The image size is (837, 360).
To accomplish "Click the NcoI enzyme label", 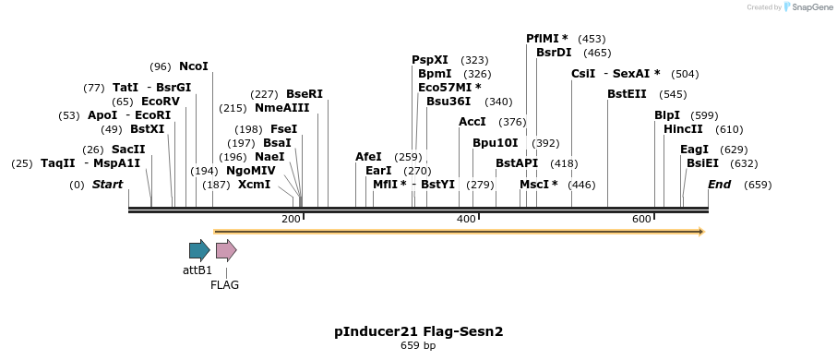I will pyautogui.click(x=194, y=66).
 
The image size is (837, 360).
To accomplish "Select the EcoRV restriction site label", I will pyautogui.click(x=161, y=102).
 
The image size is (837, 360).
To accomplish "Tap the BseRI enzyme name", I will pyautogui.click(x=305, y=94).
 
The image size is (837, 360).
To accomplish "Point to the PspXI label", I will pyautogui.click(x=430, y=60).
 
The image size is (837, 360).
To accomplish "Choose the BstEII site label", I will pyautogui.click(x=628, y=94).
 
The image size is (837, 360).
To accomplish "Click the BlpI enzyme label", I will pyautogui.click(x=667, y=115).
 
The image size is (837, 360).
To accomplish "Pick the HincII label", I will pyautogui.click(x=683, y=129).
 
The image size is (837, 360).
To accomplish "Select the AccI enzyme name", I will pyautogui.click(x=472, y=122).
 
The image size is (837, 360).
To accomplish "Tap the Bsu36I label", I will pyautogui.click(x=448, y=102).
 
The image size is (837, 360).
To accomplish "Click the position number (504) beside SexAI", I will pyautogui.click(x=685, y=74).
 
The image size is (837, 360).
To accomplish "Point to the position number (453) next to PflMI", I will pyautogui.click(x=592, y=39).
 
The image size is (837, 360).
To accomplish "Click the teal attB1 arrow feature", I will pyautogui.click(x=198, y=250).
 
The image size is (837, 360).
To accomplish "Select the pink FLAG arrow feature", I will pyautogui.click(x=225, y=250).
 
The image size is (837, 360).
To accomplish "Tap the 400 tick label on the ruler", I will pyautogui.click(x=466, y=219).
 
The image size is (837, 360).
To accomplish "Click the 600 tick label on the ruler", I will pyautogui.click(x=641, y=219).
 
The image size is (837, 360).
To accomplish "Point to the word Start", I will pyautogui.click(x=107, y=185).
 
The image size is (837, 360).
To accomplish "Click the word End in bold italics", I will pyautogui.click(x=719, y=185).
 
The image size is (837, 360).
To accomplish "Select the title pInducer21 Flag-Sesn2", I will pyautogui.click(x=418, y=330).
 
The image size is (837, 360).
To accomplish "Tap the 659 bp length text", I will pyautogui.click(x=418, y=345).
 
